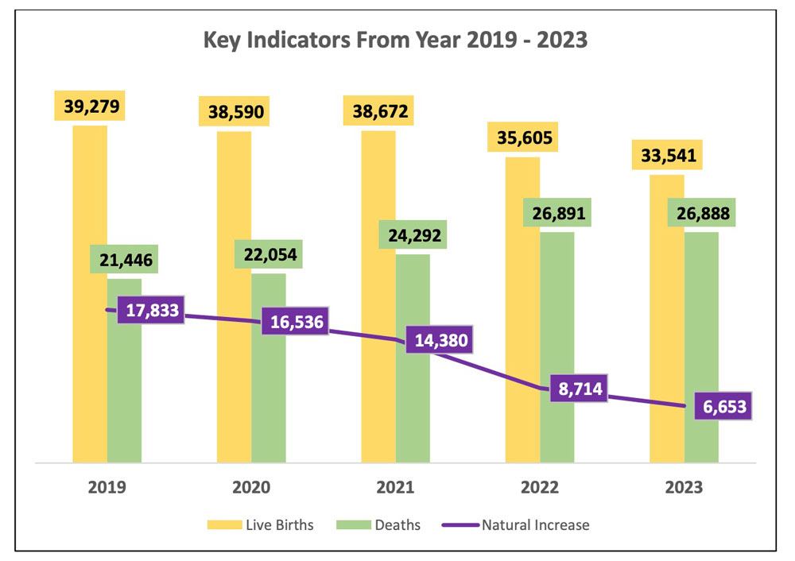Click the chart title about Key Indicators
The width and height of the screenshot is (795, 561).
[x=395, y=40]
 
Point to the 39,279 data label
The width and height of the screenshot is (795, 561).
[x=89, y=107]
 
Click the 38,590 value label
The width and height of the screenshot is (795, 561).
[x=234, y=111]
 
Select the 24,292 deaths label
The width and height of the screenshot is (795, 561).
[x=413, y=236]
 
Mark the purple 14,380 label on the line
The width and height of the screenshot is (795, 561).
[x=440, y=341]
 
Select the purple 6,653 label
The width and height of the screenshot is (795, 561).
[x=721, y=406]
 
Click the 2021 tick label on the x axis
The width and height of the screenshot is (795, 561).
[x=395, y=487]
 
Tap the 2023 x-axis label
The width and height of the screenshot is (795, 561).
[x=684, y=487]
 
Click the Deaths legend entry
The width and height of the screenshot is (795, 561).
[x=380, y=524]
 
